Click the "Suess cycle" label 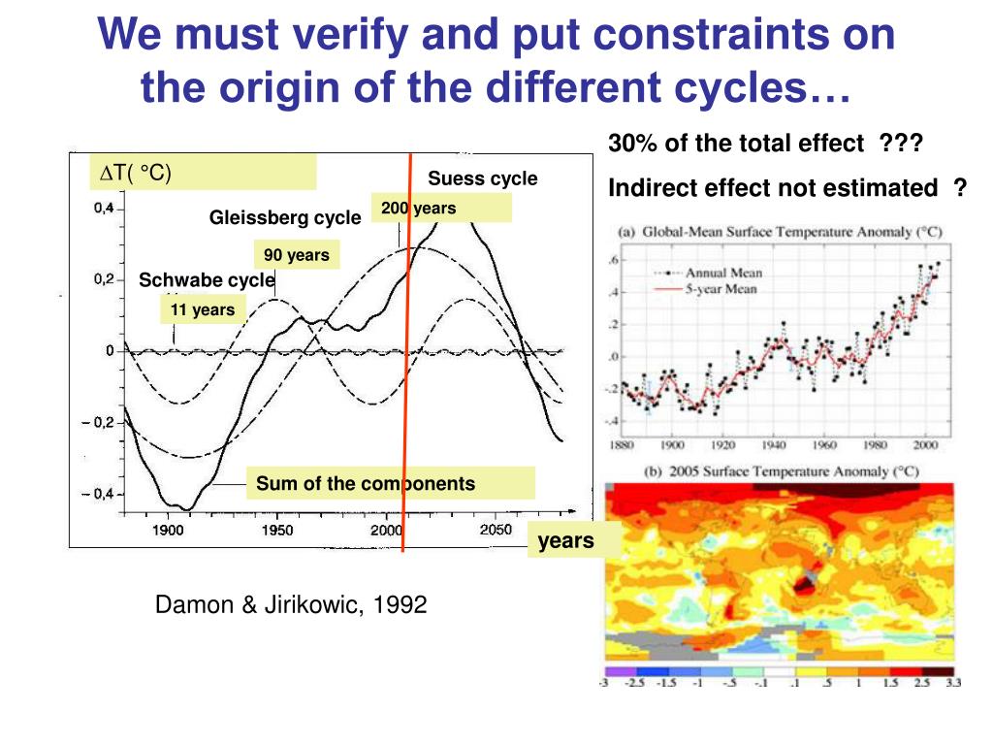pyautogui.click(x=482, y=178)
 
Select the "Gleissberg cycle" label pyautogui.click(x=285, y=217)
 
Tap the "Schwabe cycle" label pyautogui.click(x=207, y=281)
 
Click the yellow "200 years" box pyautogui.click(x=440, y=209)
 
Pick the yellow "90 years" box pyautogui.click(x=297, y=255)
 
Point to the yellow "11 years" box pyautogui.click(x=203, y=310)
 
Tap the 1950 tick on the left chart pyautogui.click(x=277, y=531)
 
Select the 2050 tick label pyautogui.click(x=495, y=531)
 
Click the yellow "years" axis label pyautogui.click(x=566, y=540)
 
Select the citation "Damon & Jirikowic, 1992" pyautogui.click(x=291, y=605)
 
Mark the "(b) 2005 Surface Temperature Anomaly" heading pyautogui.click(x=775, y=471)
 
